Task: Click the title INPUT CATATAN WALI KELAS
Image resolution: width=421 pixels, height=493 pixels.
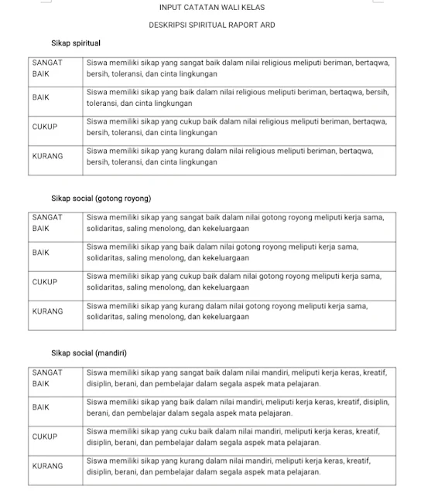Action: tap(210, 7)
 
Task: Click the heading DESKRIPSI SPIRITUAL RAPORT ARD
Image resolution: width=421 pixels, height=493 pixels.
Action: tap(211, 25)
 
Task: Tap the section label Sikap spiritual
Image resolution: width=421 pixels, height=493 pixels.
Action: tap(76, 43)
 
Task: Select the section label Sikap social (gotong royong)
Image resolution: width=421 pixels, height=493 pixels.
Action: tap(101, 199)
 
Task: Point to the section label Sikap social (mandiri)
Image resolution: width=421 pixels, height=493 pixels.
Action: tap(89, 353)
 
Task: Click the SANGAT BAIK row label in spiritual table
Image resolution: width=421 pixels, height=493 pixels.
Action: tap(46, 67)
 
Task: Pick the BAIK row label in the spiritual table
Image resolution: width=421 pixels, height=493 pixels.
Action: tap(41, 97)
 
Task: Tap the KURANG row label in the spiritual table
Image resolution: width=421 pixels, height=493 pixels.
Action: tap(47, 156)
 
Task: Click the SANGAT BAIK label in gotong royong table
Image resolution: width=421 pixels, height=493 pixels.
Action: tap(46, 223)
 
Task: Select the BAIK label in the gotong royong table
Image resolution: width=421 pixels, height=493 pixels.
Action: tap(41, 253)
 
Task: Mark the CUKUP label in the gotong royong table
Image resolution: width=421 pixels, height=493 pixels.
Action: tap(44, 282)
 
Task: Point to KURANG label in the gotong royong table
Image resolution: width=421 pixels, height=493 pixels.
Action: tap(47, 311)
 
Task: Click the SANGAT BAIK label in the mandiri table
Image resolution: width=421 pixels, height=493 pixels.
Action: tap(46, 378)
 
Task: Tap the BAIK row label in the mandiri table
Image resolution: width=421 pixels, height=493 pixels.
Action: tap(41, 406)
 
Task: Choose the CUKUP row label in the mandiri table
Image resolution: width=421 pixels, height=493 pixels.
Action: tap(44, 437)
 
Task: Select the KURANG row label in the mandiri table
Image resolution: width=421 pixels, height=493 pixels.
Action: tap(47, 466)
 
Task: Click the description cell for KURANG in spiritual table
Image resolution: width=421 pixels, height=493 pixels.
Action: tap(238, 156)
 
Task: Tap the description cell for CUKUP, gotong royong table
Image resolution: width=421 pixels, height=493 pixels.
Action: tap(238, 282)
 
